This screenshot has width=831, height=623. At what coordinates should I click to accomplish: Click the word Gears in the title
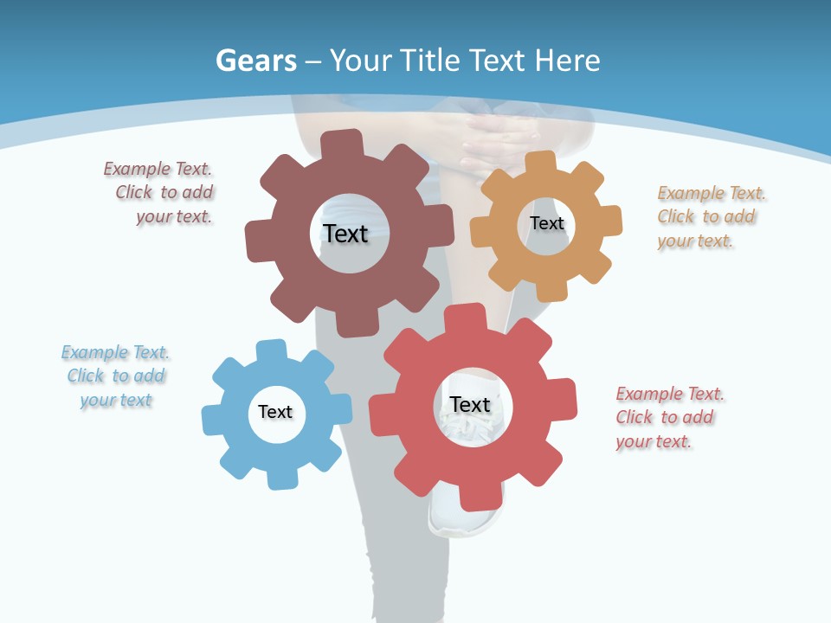(x=256, y=61)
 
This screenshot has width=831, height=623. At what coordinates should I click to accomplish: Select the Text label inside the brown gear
(x=345, y=234)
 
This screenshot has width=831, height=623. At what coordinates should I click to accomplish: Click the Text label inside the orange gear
(x=546, y=223)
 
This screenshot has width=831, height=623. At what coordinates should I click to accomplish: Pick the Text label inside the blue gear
(x=275, y=412)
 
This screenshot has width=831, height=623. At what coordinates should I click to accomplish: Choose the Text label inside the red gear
(x=470, y=404)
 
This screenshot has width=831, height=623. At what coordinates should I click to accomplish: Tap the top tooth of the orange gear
(x=539, y=163)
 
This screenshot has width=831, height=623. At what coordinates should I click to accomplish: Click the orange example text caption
(x=710, y=217)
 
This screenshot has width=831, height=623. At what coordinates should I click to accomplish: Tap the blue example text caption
(x=115, y=376)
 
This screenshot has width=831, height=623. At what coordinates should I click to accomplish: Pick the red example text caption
(x=668, y=417)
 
